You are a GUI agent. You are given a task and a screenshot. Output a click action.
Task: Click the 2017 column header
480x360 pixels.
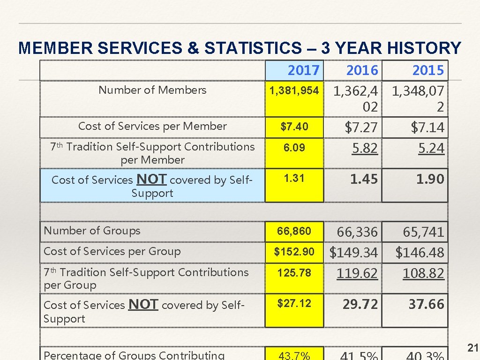click(x=303, y=70)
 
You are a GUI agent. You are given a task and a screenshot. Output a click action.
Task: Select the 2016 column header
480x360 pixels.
click(x=361, y=70)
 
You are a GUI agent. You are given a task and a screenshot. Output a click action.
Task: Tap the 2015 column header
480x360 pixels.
click(x=427, y=70)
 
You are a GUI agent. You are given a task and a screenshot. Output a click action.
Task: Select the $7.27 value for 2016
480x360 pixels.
click(x=361, y=127)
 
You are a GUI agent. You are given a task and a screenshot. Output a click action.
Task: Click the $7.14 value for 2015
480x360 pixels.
click(x=427, y=127)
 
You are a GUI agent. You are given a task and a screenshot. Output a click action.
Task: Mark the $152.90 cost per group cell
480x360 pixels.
click(x=294, y=252)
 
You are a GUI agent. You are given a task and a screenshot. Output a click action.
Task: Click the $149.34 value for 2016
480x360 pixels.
click(x=353, y=253)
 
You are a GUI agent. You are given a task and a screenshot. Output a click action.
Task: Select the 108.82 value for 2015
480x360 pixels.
click(x=423, y=273)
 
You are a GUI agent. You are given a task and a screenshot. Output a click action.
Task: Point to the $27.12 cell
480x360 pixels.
click(x=294, y=304)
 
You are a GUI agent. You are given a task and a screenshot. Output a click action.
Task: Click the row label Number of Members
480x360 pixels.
click(x=152, y=90)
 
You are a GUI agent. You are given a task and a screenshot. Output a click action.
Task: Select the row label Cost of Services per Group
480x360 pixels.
click(x=112, y=251)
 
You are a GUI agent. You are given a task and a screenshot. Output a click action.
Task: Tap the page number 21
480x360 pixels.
click(x=472, y=347)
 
